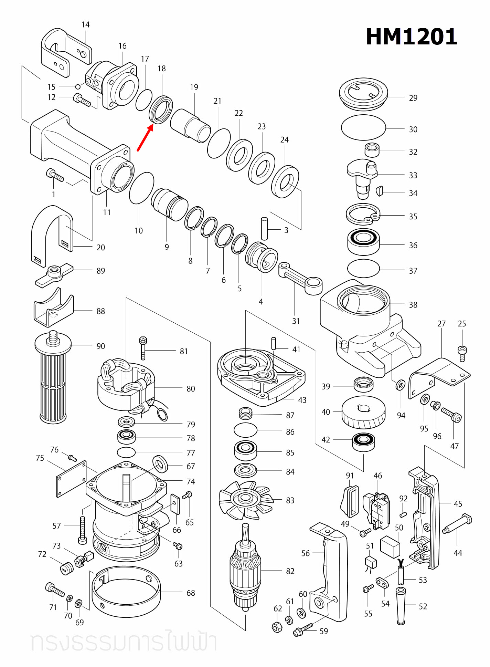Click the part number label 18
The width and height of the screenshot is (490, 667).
[162, 69]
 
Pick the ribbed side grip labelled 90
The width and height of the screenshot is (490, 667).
[53, 379]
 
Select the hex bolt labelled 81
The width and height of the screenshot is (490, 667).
[143, 348]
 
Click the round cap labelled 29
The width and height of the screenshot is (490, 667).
[363, 93]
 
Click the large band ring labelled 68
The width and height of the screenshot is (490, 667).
[126, 592]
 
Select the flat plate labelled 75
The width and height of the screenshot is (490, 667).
[71, 479]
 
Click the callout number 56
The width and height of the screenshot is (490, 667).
[305, 553]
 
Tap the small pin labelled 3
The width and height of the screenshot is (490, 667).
[264, 228]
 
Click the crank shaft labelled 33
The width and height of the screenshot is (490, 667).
[362, 177]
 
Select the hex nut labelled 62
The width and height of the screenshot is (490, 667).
[277, 627]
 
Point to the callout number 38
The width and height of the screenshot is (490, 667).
[413, 305]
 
